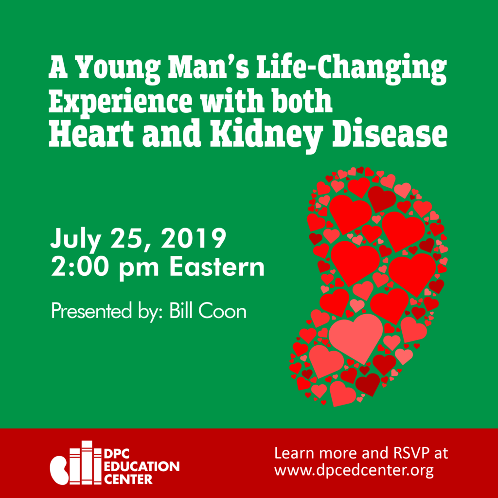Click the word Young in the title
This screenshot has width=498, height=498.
119,69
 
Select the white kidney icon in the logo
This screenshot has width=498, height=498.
59,469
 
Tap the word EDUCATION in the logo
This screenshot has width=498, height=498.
142,466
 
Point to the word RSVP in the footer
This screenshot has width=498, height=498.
401,453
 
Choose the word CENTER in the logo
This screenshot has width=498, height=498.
128,479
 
